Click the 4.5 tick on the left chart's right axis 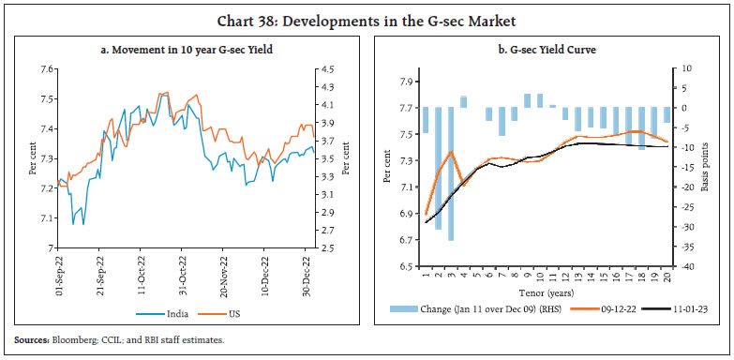pyautogui.click(x=329, y=69)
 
